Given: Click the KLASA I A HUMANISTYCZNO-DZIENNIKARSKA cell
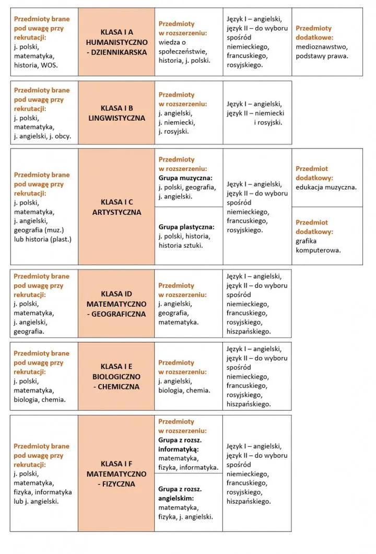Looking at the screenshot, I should (x=116, y=42).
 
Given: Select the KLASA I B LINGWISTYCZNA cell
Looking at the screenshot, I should (x=116, y=113).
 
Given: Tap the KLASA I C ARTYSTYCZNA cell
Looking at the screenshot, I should (x=116, y=207).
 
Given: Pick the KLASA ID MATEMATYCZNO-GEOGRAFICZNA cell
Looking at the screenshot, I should (x=116, y=304).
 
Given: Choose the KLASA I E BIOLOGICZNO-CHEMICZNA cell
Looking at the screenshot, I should (x=116, y=377).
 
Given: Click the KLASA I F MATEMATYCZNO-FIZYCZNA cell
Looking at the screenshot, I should (x=116, y=474).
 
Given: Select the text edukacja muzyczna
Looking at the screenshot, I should (x=326, y=187).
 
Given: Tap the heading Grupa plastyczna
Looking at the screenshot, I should (x=186, y=227).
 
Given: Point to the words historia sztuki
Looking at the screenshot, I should (x=180, y=246).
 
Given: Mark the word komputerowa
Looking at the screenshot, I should (x=318, y=250).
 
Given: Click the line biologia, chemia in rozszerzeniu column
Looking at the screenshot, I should (x=184, y=390).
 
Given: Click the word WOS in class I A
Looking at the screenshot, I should (x=51, y=65).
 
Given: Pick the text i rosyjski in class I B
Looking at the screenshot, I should (x=268, y=122).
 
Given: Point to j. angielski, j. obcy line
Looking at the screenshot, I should (x=42, y=136).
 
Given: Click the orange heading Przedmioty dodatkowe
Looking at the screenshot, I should (x=314, y=33).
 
